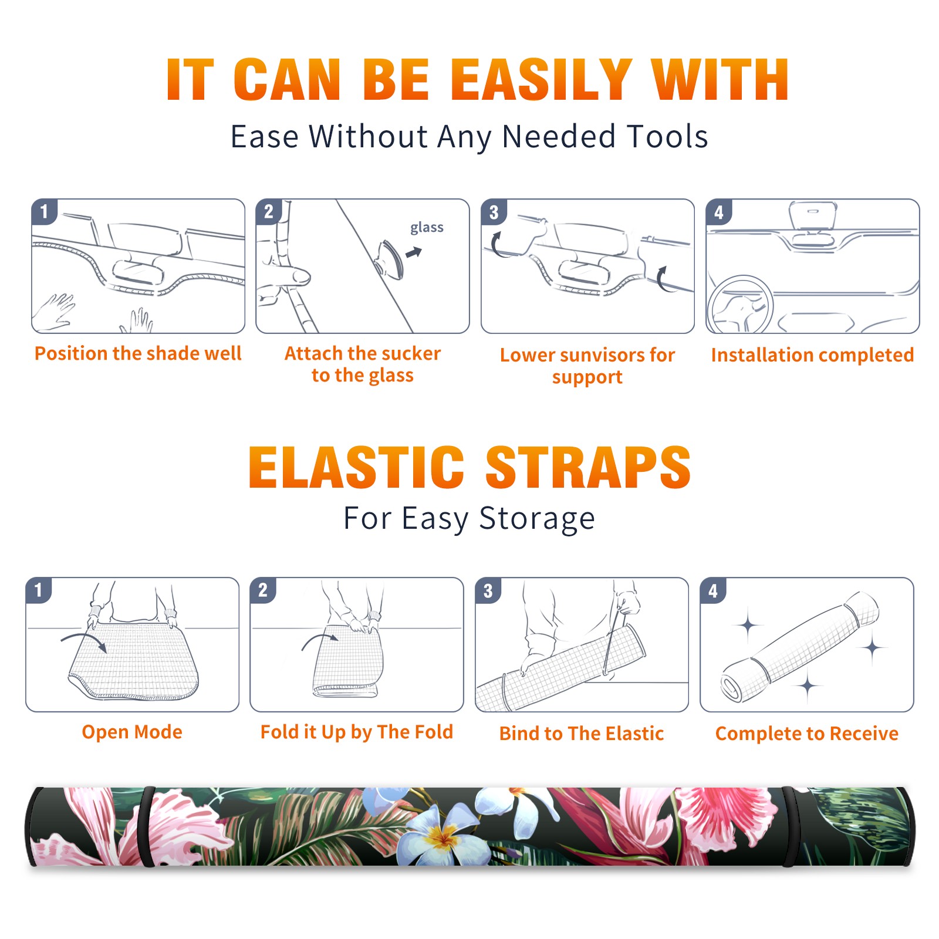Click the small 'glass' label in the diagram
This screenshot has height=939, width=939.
427,228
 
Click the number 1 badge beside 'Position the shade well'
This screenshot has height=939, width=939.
44,211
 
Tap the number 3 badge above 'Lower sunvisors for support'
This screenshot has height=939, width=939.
494,212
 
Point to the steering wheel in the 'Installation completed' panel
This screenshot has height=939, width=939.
739,305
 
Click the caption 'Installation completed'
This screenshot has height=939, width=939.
812,355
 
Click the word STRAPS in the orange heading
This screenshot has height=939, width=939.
588,467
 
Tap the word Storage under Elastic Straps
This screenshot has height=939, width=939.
537,519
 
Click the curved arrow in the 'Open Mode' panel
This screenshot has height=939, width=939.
84,640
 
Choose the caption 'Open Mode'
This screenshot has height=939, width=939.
132,732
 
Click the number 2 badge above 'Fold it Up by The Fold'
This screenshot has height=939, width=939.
263,590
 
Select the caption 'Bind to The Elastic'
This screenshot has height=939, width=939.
582,734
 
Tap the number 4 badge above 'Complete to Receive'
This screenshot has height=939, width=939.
713,590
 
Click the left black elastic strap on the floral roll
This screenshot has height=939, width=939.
147,827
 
